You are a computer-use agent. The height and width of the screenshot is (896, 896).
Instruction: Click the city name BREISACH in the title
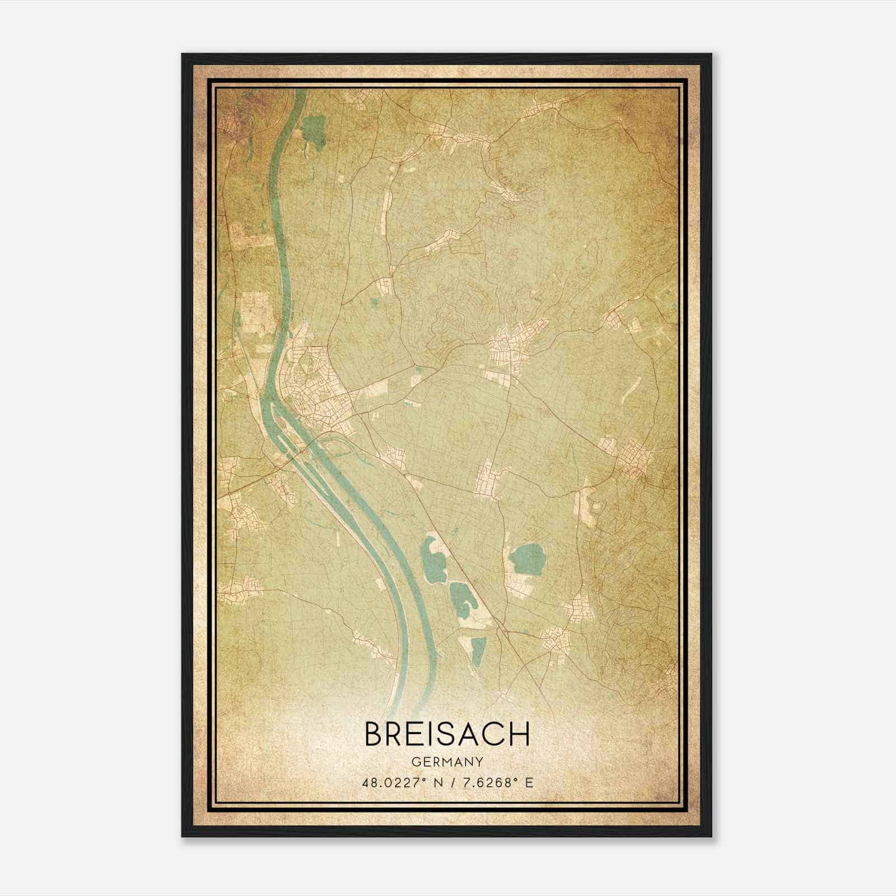(x=447, y=734)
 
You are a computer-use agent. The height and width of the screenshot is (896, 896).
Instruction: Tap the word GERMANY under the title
(x=447, y=762)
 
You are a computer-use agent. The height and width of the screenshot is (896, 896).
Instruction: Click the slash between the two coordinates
(x=446, y=782)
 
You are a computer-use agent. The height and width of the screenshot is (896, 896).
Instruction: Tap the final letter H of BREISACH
(x=519, y=734)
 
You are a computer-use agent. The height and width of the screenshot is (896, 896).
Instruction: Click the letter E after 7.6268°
(x=529, y=782)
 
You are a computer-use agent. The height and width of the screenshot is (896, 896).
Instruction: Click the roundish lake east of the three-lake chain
(x=528, y=558)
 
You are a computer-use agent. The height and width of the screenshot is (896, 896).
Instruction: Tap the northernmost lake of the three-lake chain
(x=432, y=554)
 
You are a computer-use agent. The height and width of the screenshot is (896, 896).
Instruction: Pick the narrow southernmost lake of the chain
(x=478, y=652)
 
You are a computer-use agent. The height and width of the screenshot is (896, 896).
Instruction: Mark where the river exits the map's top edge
(x=300, y=91)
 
